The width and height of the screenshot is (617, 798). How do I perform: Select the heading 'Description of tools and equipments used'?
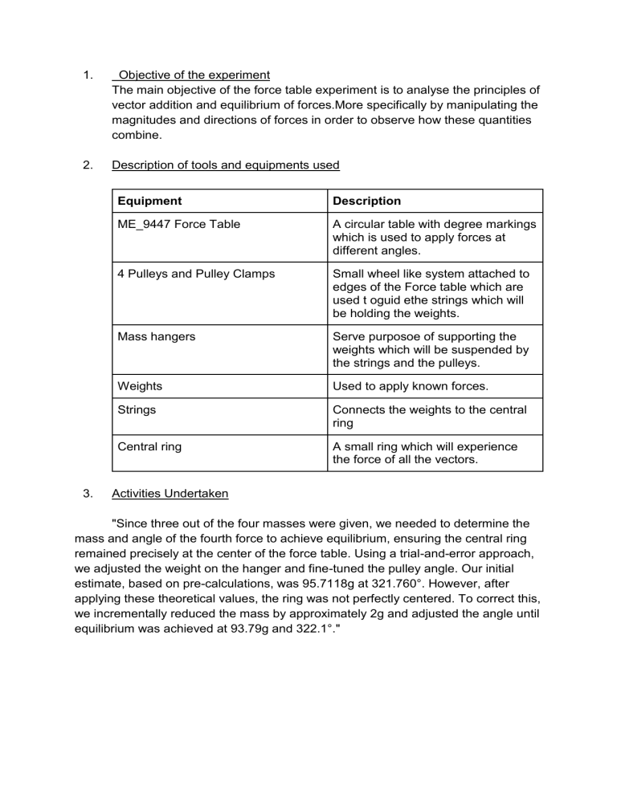click(226, 165)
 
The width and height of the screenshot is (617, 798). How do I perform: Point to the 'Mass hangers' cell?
click(153, 337)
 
